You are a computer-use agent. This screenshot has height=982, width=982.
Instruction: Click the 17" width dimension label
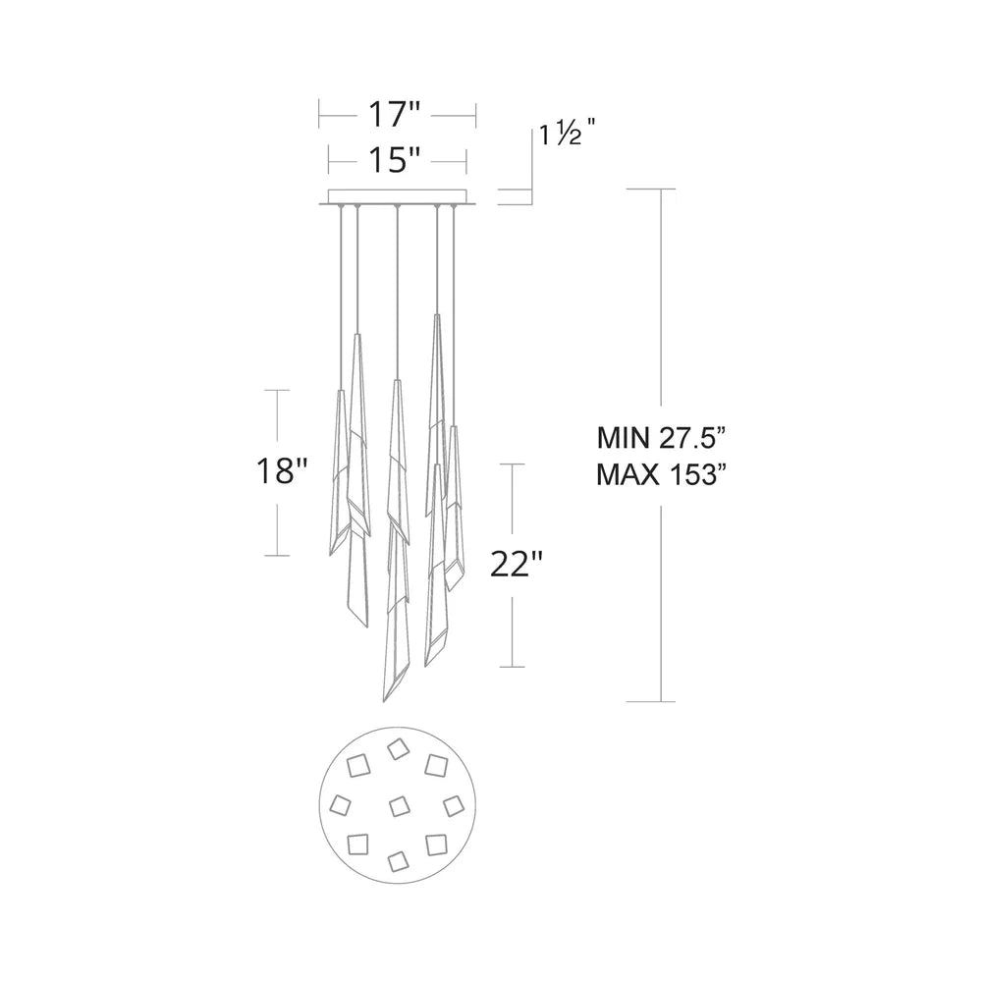(x=396, y=115)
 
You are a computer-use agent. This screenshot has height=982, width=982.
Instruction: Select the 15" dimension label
(x=396, y=159)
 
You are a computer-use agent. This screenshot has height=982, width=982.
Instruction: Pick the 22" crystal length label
(x=516, y=566)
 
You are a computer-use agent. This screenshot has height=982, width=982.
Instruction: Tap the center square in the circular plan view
(x=399, y=806)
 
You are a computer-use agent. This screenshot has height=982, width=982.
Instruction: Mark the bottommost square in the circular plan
(x=398, y=861)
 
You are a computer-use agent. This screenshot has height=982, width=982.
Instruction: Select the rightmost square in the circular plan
(x=453, y=805)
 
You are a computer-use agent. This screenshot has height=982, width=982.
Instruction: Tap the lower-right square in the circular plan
(x=436, y=843)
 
